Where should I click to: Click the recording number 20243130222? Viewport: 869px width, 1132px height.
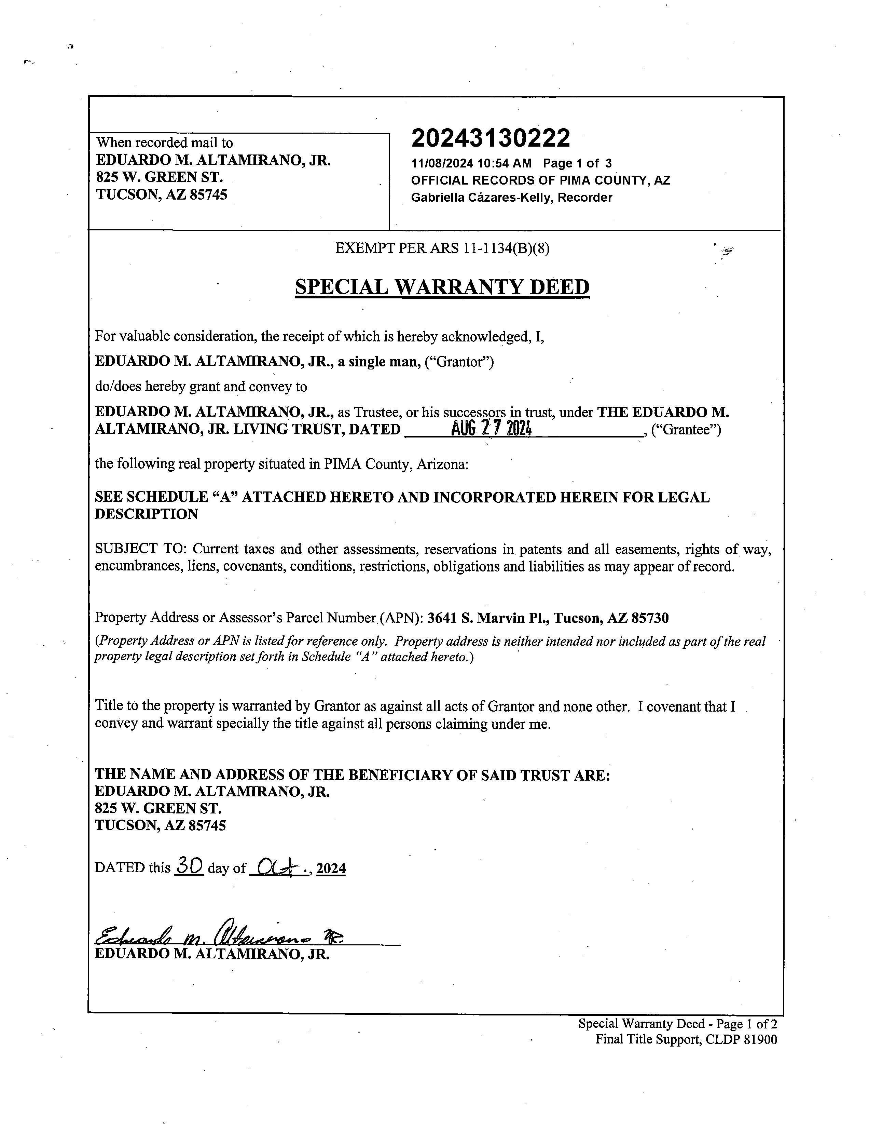click(x=491, y=138)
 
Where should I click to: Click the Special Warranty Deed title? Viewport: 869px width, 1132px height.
click(x=442, y=287)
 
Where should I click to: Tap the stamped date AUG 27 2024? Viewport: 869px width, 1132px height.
click(x=492, y=429)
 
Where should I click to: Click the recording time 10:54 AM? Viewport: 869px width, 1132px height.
click(x=504, y=164)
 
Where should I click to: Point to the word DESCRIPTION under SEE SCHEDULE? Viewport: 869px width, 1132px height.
click(x=147, y=514)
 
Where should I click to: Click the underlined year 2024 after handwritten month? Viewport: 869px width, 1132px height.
click(x=331, y=868)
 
